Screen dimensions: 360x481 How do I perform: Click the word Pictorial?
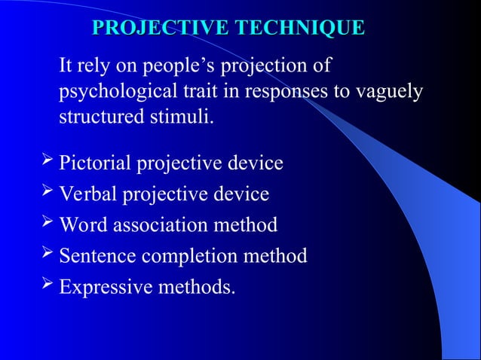(93, 163)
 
